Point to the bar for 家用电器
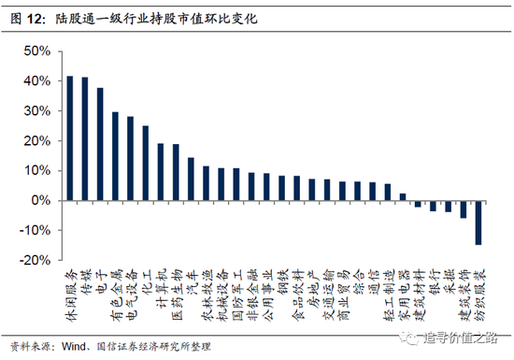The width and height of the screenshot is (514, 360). pyautogui.click(x=403, y=197)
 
